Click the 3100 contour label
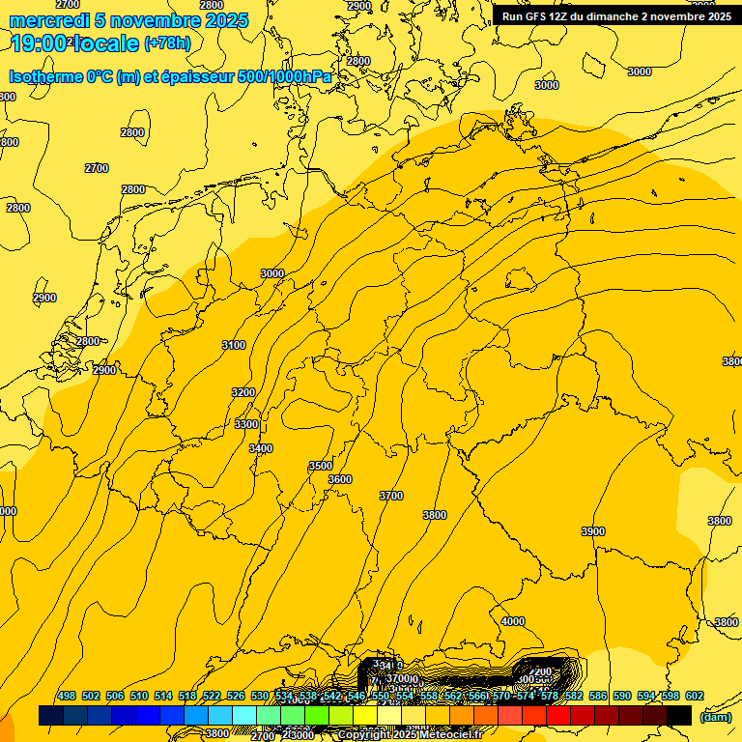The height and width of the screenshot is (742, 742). point(233,345)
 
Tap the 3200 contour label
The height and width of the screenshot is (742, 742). point(243,392)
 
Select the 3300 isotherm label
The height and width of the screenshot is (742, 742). point(246,424)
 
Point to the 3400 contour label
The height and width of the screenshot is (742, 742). point(261,448)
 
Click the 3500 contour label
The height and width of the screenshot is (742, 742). point(321,466)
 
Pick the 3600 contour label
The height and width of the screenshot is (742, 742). point(340,479)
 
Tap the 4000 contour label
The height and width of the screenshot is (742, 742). point(513,621)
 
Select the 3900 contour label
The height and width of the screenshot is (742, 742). point(593,531)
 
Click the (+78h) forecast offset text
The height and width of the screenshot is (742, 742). point(167,43)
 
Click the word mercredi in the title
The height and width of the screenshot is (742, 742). point(49,20)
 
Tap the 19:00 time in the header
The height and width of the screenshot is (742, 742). point(40,43)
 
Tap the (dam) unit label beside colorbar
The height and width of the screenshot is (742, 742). point(715,717)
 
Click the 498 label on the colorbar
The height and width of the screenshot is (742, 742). point(67,696)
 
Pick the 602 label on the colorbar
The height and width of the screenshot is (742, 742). point(695,696)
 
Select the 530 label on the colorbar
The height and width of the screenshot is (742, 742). point(260,696)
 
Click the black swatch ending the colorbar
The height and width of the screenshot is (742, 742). point(679,715)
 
